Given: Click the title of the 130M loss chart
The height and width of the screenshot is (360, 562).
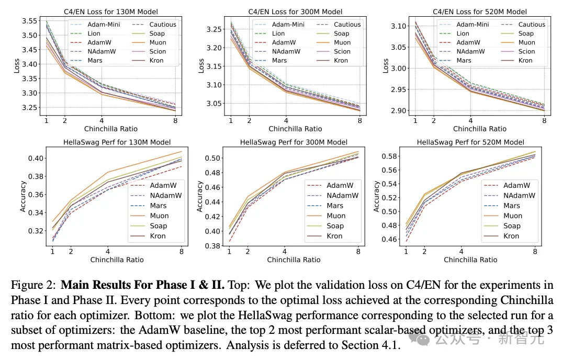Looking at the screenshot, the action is [111, 12].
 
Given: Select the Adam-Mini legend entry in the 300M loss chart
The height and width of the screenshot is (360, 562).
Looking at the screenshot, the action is [279, 25].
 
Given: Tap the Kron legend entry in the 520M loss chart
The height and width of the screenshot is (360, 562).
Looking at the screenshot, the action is [516, 60].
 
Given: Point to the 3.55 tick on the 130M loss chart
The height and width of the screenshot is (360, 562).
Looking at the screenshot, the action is [29, 21].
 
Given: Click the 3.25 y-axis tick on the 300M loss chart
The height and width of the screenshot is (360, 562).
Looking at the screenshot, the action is [213, 29].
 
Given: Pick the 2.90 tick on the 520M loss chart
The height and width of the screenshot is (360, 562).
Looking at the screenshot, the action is [398, 110].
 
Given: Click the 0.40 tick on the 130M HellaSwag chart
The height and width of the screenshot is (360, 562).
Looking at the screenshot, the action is [36, 158].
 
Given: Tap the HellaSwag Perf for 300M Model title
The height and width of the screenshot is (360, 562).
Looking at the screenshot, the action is [294, 142].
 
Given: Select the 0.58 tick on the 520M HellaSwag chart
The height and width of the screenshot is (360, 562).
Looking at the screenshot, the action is [390, 156].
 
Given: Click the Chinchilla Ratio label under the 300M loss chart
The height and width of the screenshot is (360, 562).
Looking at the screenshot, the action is [295, 129].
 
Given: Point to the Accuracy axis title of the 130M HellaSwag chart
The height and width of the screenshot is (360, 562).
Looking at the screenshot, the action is [23, 196].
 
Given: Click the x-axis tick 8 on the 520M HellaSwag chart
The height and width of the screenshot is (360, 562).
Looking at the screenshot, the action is [535, 251].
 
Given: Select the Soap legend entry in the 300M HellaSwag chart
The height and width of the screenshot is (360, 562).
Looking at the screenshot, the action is [325, 226].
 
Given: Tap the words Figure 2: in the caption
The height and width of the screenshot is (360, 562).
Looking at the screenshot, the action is [33, 285].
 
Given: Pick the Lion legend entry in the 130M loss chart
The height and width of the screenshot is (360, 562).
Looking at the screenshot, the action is [85, 33].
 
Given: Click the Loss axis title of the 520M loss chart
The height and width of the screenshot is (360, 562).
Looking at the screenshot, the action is [385, 65].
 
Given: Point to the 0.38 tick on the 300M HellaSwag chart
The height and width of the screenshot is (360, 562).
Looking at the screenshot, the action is [212, 246].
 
